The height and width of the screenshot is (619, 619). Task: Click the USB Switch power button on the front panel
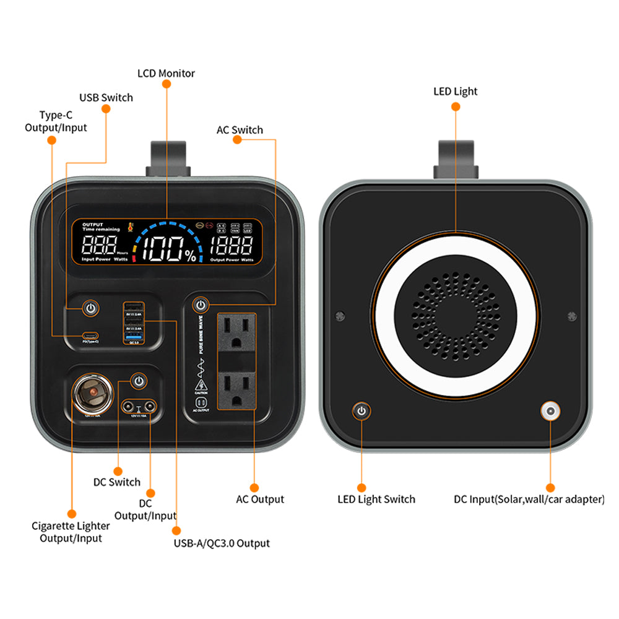[x=91, y=308]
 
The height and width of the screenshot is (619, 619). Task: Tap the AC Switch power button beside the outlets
[x=200, y=305]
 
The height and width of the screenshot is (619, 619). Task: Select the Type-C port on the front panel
[x=91, y=335]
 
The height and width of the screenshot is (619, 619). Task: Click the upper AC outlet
[x=236, y=332]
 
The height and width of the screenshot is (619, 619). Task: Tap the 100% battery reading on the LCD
[x=170, y=249]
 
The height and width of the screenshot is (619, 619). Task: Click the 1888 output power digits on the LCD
[x=230, y=246]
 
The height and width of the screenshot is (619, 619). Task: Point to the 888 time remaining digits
[x=98, y=246]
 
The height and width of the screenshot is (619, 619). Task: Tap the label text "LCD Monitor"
[x=166, y=74]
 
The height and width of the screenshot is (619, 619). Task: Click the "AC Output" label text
[x=260, y=500]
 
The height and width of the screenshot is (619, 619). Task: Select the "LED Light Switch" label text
[x=376, y=500]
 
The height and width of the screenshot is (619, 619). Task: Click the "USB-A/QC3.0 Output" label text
[x=222, y=543]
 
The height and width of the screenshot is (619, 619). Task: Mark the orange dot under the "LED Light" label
[x=456, y=106]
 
